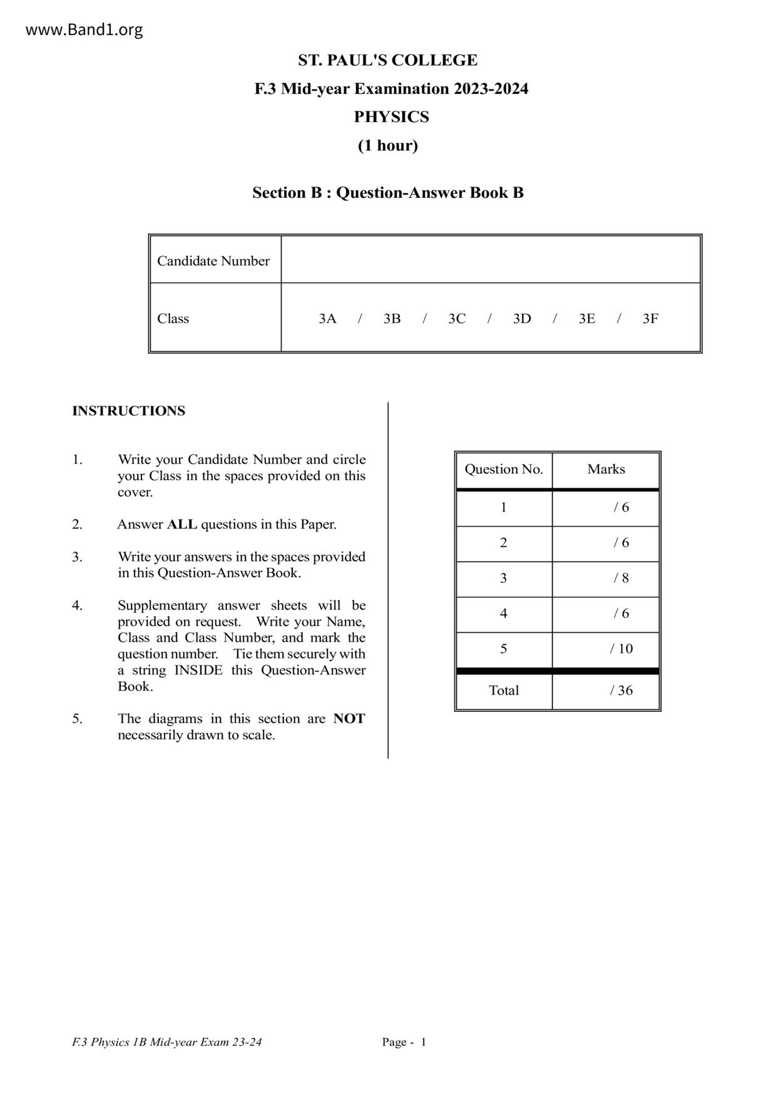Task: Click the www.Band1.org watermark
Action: (x=84, y=30)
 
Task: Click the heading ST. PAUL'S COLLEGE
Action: (x=387, y=60)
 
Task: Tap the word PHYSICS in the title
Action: (x=391, y=117)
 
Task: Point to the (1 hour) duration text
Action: (x=387, y=145)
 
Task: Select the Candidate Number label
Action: (x=213, y=261)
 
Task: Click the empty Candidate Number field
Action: (x=491, y=260)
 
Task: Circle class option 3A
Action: (x=327, y=319)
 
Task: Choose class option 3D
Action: (x=522, y=319)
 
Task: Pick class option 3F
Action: (x=650, y=319)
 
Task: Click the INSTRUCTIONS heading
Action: (x=128, y=411)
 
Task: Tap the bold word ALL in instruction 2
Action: (x=181, y=525)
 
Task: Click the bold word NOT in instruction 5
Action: (x=349, y=719)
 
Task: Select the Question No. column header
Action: (x=504, y=469)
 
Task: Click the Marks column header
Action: (x=606, y=469)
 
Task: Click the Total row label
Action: (x=504, y=690)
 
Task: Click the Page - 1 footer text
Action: (x=404, y=1042)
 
